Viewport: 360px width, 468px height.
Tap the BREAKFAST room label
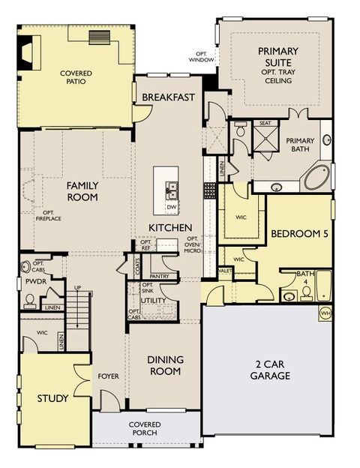168,97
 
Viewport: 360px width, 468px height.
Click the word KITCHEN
171,227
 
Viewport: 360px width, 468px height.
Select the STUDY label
52,398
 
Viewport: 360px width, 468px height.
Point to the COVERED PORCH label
144,429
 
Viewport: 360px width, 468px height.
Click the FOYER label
109,376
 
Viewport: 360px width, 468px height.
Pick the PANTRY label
158,276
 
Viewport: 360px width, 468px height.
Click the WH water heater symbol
325,313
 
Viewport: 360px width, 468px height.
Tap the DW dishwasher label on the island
171,206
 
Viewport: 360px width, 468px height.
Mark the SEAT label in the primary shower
265,123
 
